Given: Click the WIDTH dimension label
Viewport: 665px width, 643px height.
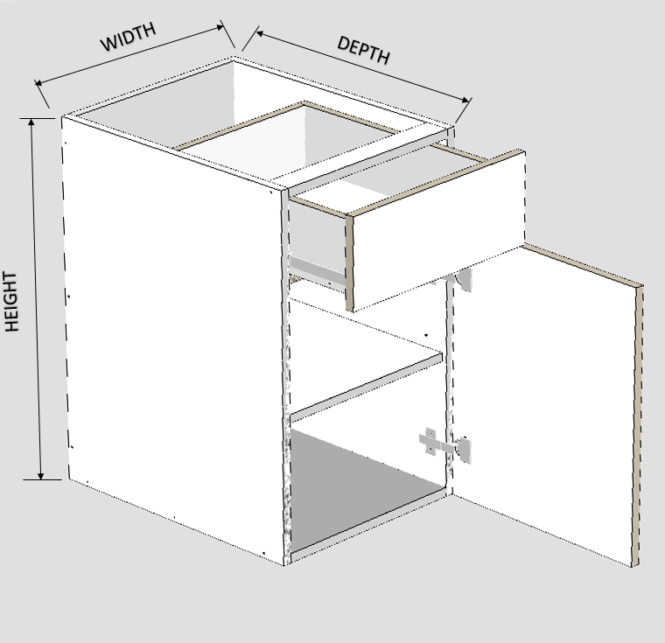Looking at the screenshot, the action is pos(128,37).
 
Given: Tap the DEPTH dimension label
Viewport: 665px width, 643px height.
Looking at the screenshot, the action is pos(363,50).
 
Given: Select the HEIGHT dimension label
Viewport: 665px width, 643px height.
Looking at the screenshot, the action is pos(11,301).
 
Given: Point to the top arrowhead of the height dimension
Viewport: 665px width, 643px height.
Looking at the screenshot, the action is pos(31,122).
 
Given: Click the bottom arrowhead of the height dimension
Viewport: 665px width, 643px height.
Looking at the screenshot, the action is pos(41,475).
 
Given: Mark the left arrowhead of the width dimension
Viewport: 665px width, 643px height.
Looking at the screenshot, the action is pos(38,83).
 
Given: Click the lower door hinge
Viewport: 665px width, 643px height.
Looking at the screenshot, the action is pos(445,445).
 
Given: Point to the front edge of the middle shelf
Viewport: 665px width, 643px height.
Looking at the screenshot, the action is pos(366,388).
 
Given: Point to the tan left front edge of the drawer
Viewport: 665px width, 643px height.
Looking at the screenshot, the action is pos(349,263).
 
